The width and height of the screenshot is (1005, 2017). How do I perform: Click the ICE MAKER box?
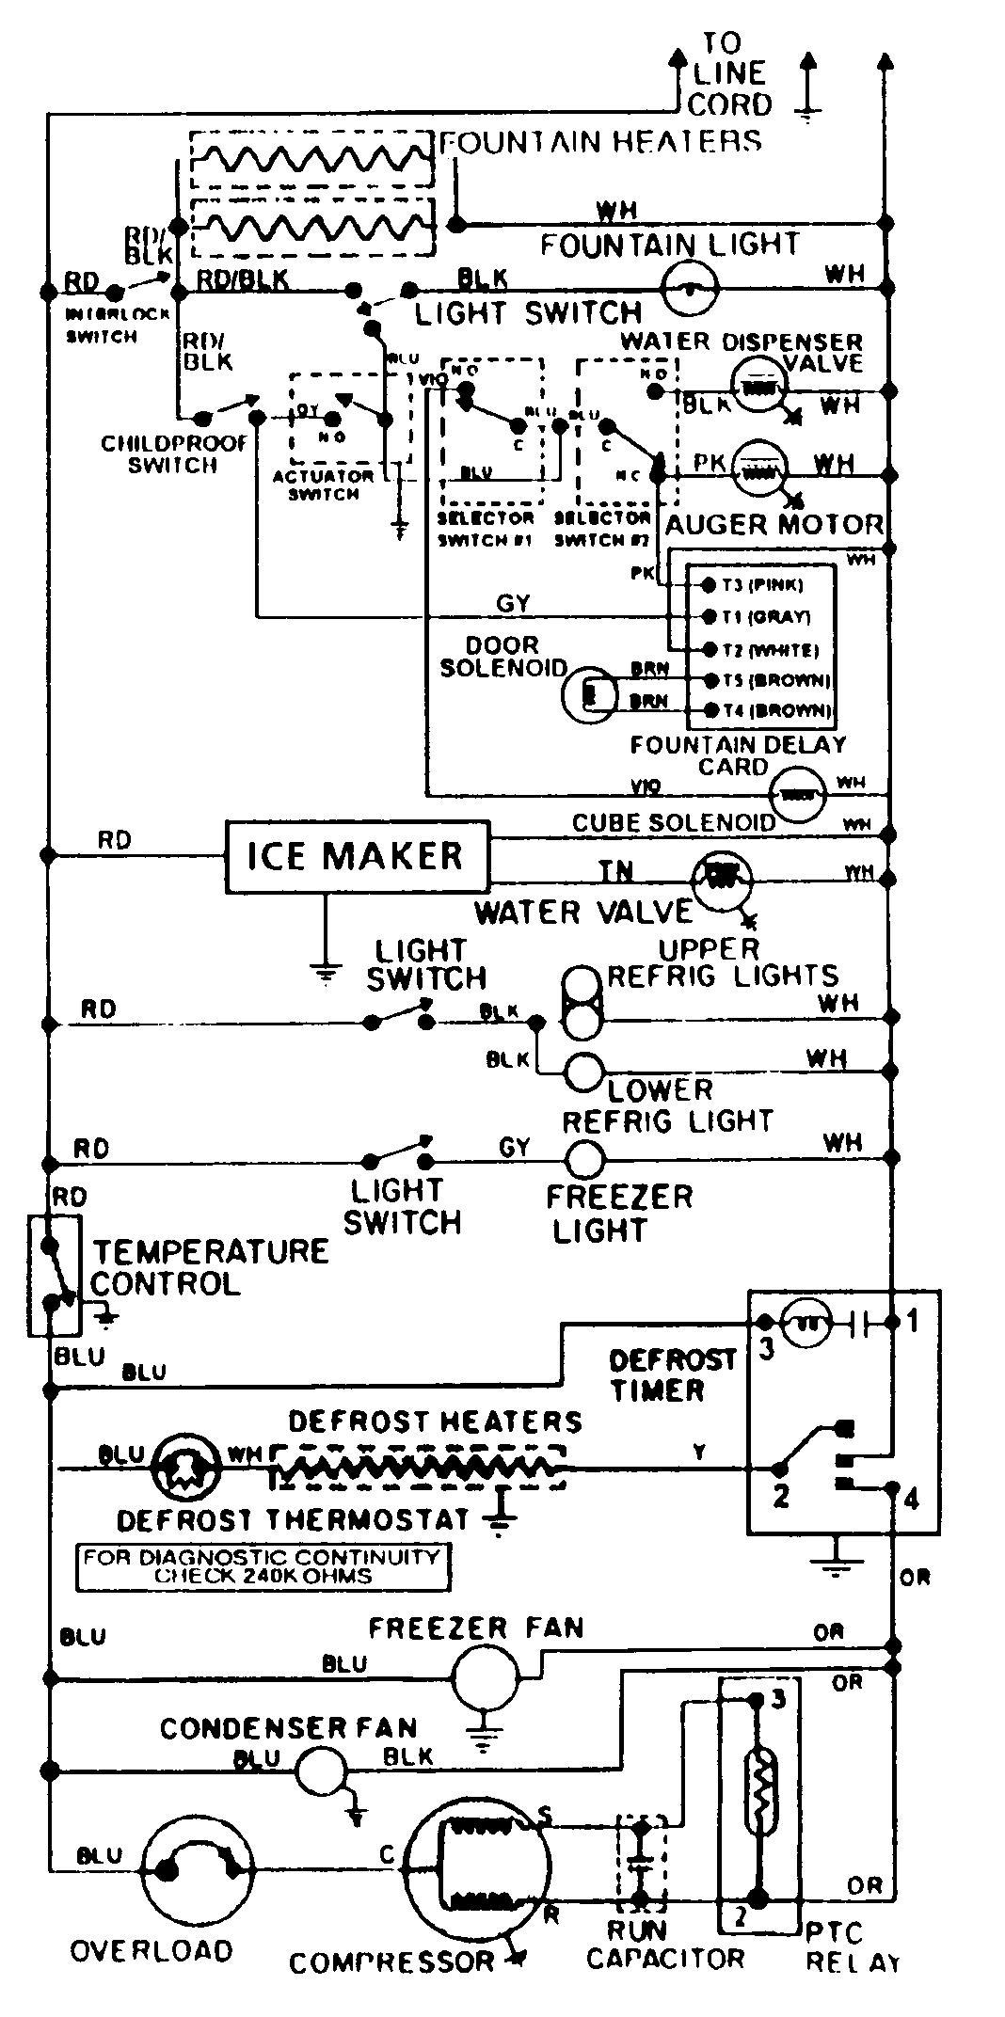[x=357, y=857]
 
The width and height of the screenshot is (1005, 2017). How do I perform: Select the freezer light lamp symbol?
[x=584, y=1159]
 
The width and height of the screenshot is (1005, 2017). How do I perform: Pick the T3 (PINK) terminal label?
[x=762, y=585]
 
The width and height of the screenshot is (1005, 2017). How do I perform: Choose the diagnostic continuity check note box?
[x=263, y=1567]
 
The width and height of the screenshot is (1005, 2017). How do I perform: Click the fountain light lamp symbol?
[x=692, y=287]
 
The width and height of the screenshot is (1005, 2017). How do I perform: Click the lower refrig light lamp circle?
[x=583, y=1071]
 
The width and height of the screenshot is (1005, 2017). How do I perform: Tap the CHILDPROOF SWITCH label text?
[x=173, y=454]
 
